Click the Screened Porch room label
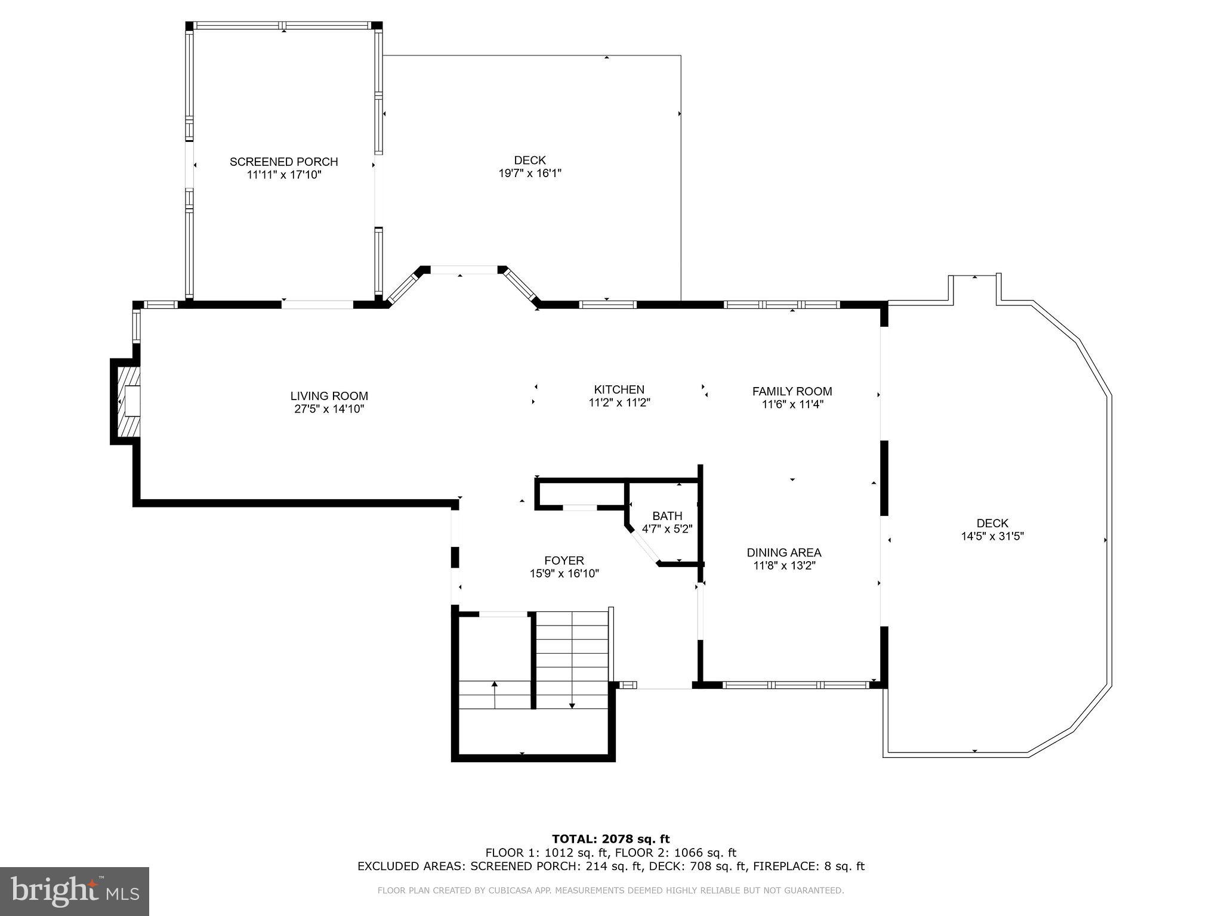point(283,162)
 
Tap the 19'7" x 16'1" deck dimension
point(530,174)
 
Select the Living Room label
point(329,396)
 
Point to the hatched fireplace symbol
point(128,401)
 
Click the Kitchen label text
point(619,389)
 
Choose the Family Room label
point(792,391)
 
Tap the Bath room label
point(666,516)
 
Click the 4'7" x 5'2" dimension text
point(666,529)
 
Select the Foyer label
point(564,561)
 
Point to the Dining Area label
point(784,553)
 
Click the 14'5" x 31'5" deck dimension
point(992,536)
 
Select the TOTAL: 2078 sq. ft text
point(610,840)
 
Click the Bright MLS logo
point(75,891)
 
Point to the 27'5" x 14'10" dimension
point(329,409)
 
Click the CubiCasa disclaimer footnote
point(610,891)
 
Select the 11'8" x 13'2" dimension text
point(784,566)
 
